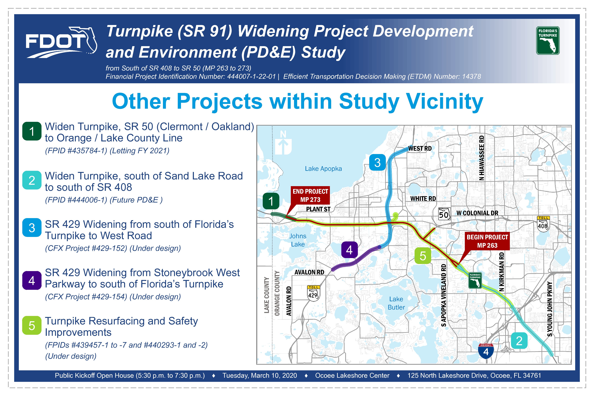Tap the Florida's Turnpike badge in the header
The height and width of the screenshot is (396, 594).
pyautogui.click(x=548, y=41)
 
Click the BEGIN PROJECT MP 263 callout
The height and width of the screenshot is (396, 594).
pyautogui.click(x=487, y=241)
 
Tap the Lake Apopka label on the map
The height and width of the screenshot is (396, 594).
pyautogui.click(x=323, y=169)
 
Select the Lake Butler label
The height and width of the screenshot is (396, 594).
pyautogui.click(x=396, y=303)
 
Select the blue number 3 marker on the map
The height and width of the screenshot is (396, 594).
pyautogui.click(x=377, y=162)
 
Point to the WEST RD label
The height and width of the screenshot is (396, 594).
pyautogui.click(x=420, y=148)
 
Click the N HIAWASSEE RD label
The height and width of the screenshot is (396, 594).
pyautogui.click(x=482, y=158)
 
